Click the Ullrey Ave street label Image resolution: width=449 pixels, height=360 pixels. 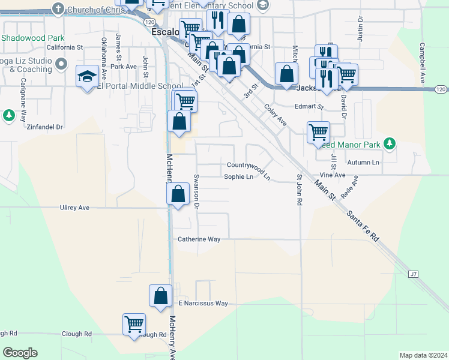pos(74,208)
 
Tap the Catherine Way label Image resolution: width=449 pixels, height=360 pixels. pos(199,239)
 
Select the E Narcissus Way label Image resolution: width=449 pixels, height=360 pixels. pos(203,304)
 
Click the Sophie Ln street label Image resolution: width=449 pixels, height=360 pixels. pos(239,177)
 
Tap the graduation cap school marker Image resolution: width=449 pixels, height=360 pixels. pos(87,77)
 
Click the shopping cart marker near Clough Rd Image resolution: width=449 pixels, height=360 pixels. pos(134,324)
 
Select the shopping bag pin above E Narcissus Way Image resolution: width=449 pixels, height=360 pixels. pos(160,296)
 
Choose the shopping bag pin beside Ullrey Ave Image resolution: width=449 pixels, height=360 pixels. pos(177,194)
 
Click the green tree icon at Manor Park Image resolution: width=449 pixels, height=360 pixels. pos(390,143)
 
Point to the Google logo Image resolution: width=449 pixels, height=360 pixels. pos(20,353)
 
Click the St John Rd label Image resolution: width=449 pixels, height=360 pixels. pos(298,190)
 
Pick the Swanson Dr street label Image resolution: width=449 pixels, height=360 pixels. pos(196,188)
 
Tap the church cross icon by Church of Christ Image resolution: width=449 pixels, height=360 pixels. pos(58,9)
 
